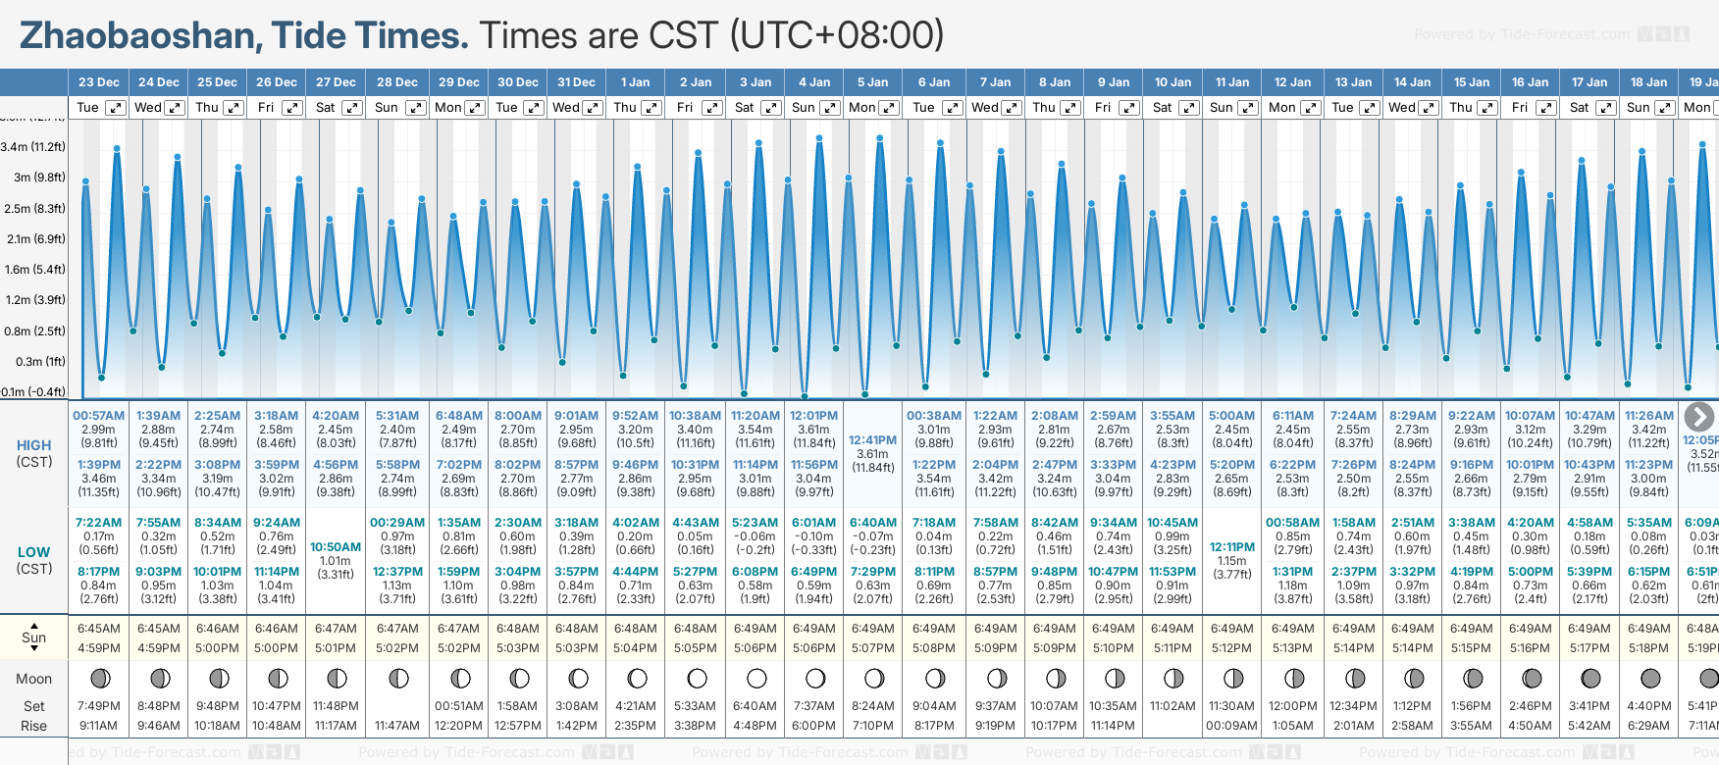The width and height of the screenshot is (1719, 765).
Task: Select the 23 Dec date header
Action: point(99,82)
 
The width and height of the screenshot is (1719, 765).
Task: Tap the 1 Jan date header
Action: point(636,82)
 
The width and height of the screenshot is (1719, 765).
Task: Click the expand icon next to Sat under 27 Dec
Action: point(351,108)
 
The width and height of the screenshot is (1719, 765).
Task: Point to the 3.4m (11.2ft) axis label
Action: point(33,147)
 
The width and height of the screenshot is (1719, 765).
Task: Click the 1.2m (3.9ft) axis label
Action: point(33,300)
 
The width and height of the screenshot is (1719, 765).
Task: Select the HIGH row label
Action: point(33,445)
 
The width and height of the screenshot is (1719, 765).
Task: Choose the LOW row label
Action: point(33,552)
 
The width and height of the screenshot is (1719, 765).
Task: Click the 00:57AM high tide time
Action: point(98,416)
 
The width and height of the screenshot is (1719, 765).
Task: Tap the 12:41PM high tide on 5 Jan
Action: point(872,440)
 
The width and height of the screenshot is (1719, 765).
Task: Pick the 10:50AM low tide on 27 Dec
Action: point(336,547)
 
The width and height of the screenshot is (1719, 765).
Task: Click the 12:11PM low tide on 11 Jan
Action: point(1232,547)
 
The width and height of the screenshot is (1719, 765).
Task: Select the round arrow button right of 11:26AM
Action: point(1698,417)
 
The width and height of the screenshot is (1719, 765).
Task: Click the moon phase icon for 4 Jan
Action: point(815,679)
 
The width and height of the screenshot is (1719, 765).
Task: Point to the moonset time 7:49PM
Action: point(98,706)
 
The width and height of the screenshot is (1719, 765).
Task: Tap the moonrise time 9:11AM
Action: point(98,726)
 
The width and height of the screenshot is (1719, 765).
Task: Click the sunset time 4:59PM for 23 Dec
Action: point(98,648)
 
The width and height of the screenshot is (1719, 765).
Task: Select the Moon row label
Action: point(33,679)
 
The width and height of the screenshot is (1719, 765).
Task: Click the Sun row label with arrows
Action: point(33,637)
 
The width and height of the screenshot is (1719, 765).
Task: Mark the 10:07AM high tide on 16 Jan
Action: point(1530,416)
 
